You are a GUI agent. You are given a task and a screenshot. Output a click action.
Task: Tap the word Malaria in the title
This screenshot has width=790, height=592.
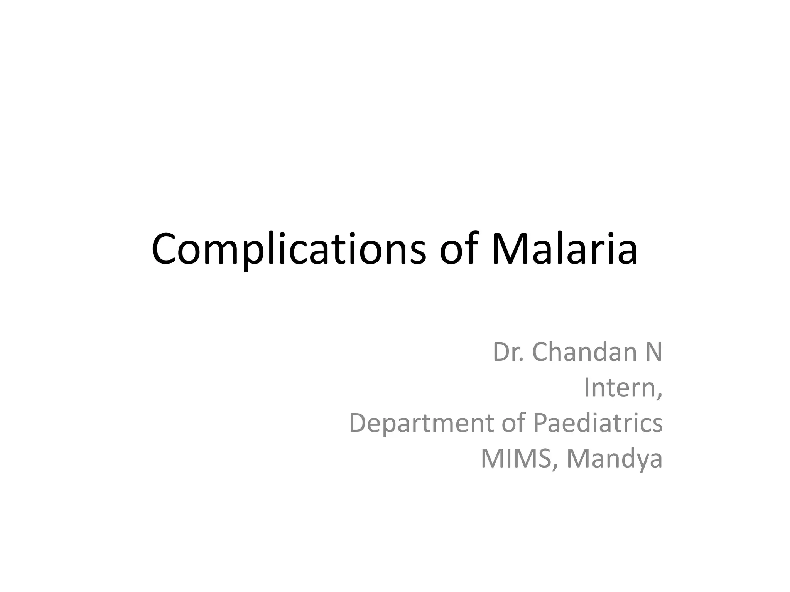click(x=564, y=249)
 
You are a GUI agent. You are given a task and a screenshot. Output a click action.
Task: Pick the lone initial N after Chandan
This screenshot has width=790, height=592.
click(x=653, y=352)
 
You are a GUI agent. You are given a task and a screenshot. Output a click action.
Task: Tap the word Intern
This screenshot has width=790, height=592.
click(x=620, y=387)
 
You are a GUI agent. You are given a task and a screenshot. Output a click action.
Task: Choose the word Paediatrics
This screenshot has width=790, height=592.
click(x=598, y=423)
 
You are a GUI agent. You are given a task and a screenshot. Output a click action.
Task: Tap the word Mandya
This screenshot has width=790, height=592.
click(x=614, y=459)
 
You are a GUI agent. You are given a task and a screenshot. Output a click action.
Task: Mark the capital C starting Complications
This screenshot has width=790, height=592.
click(x=165, y=249)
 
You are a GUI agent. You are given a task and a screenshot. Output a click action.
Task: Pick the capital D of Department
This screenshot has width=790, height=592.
click(x=358, y=423)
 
